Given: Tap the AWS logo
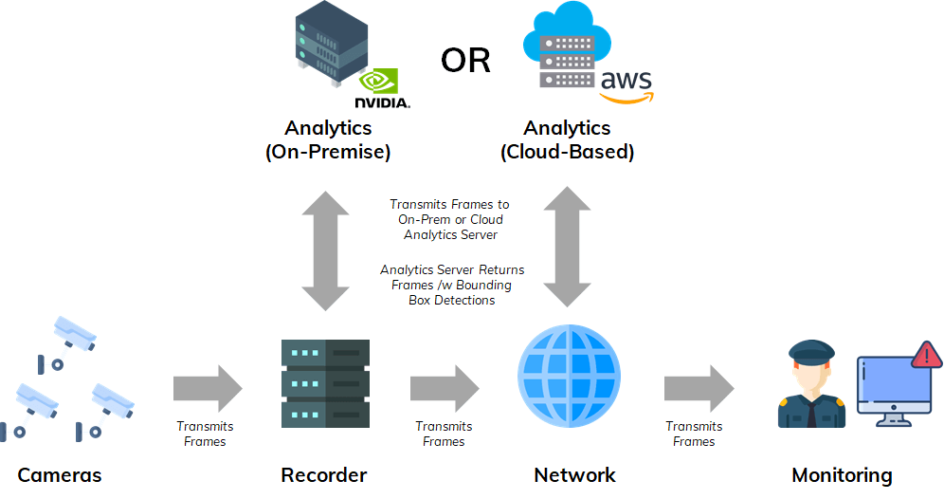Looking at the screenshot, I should pyautogui.click(x=626, y=85).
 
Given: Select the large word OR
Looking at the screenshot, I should pyautogui.click(x=465, y=61).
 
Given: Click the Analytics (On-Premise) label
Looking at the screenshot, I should pyautogui.click(x=328, y=139).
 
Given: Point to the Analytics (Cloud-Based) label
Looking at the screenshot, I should pyautogui.click(x=567, y=139).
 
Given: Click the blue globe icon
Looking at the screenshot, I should pyautogui.click(x=569, y=375).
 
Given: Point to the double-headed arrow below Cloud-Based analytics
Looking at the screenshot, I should pyautogui.click(x=568, y=247).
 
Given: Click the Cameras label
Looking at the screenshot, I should pyautogui.click(x=59, y=475).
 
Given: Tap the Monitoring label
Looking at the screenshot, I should pyautogui.click(x=842, y=475).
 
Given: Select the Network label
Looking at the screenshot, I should pyautogui.click(x=574, y=475).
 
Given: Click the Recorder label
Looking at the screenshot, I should pyautogui.click(x=323, y=475).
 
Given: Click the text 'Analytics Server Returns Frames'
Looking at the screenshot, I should pyautogui.click(x=452, y=277).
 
